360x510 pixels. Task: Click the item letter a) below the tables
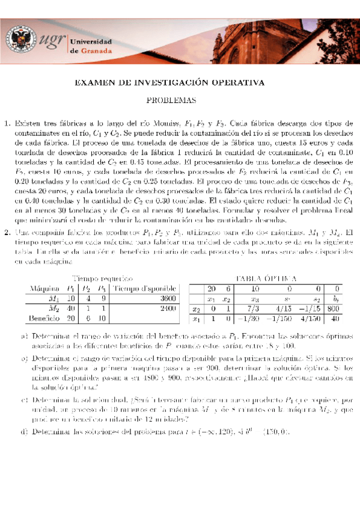pos(23,336)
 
